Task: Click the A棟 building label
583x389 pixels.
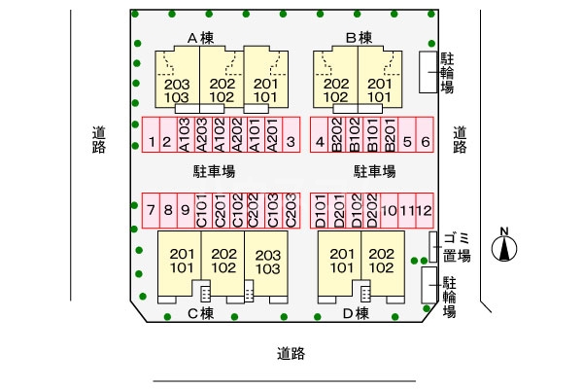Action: coord(200,38)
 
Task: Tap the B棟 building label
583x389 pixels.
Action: coord(359,38)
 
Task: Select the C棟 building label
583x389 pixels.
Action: coord(200,313)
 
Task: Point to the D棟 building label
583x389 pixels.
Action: coord(356,313)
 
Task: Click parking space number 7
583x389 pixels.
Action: coord(151,209)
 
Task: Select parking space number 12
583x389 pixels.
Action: coord(425,209)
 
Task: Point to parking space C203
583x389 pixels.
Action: coord(290,209)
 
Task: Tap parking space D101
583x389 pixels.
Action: coord(320,209)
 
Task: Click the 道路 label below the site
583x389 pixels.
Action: coord(291,354)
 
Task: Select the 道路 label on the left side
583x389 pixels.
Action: coord(98,140)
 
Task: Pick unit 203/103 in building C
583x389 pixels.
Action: coord(267,261)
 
